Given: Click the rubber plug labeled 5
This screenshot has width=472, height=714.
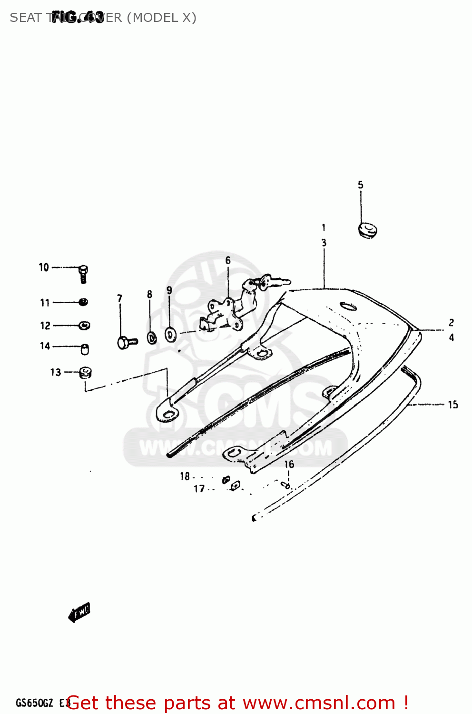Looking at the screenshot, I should tap(367, 230).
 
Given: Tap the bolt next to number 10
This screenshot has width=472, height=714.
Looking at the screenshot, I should tap(83, 273).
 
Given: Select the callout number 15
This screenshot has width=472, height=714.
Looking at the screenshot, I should tap(452, 405).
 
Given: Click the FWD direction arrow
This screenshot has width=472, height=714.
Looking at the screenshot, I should tap(79, 612).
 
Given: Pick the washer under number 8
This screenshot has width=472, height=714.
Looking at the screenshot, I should tap(152, 338).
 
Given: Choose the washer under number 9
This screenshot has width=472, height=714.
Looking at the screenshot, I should tap(170, 334).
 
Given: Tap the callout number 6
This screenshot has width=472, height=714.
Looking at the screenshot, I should tap(228, 260).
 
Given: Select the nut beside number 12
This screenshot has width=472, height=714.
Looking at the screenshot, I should tap(84, 326).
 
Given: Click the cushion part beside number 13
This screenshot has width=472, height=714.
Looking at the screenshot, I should tap(85, 372).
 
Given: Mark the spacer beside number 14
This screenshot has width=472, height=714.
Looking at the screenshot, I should tap(85, 349).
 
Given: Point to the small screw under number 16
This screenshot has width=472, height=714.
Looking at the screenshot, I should tap(285, 485).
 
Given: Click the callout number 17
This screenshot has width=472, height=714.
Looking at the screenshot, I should tap(199, 488).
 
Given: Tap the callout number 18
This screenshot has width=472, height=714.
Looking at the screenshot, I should tap(185, 476).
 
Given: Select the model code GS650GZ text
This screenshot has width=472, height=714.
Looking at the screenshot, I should tap(34, 703).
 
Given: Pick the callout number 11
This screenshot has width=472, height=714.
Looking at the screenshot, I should tap(45, 303).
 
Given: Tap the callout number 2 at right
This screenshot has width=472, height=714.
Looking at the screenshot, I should tap(451, 323).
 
